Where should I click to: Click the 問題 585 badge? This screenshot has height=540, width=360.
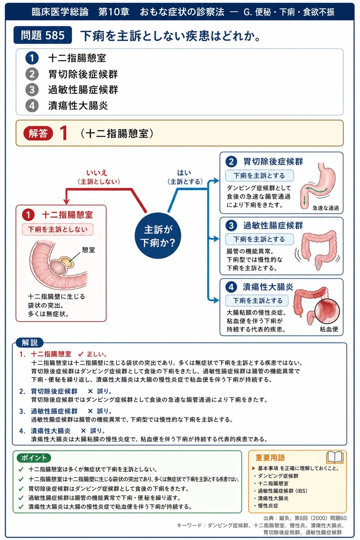pyautogui.click(x=43, y=35)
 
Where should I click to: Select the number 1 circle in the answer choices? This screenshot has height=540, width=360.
pyautogui.click(x=32, y=58)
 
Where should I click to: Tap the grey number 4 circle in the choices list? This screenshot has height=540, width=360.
pyautogui.click(x=32, y=106)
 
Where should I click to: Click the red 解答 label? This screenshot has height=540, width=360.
pyautogui.click(x=38, y=133)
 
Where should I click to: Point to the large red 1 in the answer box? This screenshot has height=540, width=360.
pyautogui.click(x=64, y=133)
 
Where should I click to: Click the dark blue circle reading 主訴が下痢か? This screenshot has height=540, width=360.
pyautogui.click(x=158, y=236)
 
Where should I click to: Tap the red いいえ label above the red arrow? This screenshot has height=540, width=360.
pyautogui.click(x=97, y=173)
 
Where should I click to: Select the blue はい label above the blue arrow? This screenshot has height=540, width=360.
pyautogui.click(x=184, y=173)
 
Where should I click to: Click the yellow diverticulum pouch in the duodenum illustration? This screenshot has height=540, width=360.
pyautogui.click(x=67, y=262)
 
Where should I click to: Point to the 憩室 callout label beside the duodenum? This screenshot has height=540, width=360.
pyautogui.click(x=89, y=250)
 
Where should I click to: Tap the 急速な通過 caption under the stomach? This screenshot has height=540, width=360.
pyautogui.click(x=325, y=208)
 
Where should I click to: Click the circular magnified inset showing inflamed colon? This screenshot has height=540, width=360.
pyautogui.click(x=328, y=311)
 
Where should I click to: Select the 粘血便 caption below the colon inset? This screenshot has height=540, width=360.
pyautogui.click(x=329, y=329)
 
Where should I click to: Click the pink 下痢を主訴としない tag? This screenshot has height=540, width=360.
pyautogui.click(x=58, y=229)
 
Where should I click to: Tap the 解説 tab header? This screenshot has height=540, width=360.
pyautogui.click(x=30, y=343)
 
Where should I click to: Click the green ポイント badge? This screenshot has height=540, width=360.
pyautogui.click(x=34, y=458)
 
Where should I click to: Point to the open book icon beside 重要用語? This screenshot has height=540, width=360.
pyautogui.click(x=335, y=457)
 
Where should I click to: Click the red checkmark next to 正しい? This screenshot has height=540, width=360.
pyautogui.click(x=81, y=354)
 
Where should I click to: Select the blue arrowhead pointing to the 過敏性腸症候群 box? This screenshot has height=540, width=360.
pyautogui.click(x=216, y=239)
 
